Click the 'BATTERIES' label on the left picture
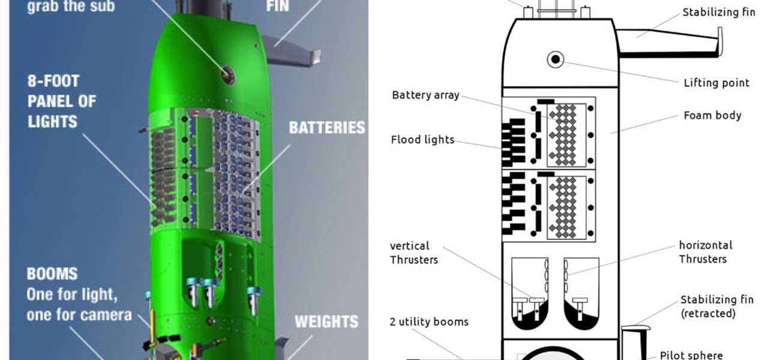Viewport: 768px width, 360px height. tap(326, 128)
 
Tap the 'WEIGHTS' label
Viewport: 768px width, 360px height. tap(326, 322)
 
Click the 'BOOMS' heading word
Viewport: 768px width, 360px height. tap(52, 274)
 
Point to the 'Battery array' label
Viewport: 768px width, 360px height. tap(425, 95)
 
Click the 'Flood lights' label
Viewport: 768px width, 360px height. tap(422, 140)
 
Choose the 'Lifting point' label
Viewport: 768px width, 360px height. tap(716, 83)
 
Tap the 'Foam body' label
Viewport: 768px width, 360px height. tap(712, 115)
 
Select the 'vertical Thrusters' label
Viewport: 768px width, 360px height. tap(414, 253)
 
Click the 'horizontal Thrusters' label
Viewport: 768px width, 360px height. tap(705, 252)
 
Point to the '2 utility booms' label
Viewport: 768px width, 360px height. tap(429, 322)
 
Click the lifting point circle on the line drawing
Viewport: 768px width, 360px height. tap(556, 59)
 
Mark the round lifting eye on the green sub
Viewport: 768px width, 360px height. tap(227, 75)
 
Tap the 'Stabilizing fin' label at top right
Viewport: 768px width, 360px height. tap(719, 12)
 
